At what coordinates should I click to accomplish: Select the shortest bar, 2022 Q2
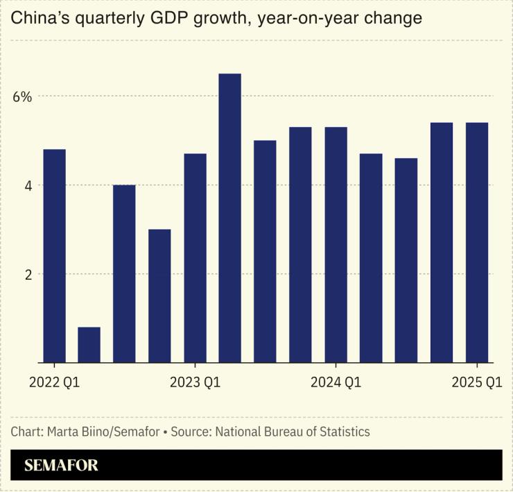pos(89,344)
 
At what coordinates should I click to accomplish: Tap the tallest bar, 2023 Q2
pos(229,218)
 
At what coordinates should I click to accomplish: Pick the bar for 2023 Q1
pos(195,257)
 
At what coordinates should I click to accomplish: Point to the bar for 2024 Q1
pos(336,244)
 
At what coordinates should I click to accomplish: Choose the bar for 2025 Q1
pos(476,242)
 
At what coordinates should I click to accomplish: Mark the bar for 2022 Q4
pos(159,296)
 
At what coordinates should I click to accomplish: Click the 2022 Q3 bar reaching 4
pos(124,273)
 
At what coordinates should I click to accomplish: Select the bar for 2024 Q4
pos(442,242)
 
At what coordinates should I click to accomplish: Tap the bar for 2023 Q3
pos(265,251)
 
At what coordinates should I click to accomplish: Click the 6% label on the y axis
pos(22,97)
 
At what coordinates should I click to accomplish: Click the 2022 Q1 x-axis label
pos(54,382)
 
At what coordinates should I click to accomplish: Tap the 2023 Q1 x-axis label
pos(195,382)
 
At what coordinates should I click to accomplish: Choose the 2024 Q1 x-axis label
pos(336,382)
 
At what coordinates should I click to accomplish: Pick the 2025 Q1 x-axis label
pos(476,382)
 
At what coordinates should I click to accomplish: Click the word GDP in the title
pos(165,18)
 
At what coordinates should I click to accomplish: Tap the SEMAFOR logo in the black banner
pos(61,466)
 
